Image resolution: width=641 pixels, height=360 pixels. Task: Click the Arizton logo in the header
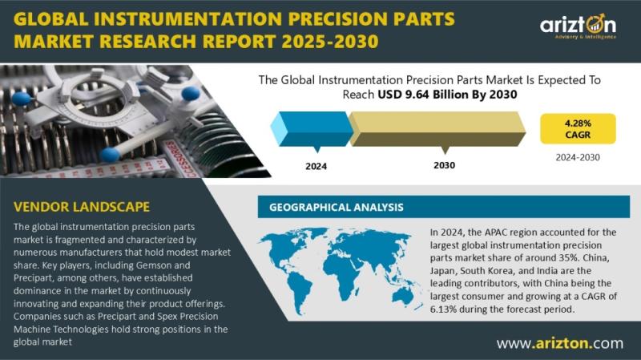(x=578, y=26)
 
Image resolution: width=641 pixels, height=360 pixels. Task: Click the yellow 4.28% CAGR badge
(x=578, y=128)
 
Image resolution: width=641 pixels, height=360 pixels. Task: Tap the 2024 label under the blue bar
(x=316, y=167)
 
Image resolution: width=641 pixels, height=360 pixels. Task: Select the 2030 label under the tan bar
(x=445, y=165)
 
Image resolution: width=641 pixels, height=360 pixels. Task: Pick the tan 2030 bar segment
(x=437, y=129)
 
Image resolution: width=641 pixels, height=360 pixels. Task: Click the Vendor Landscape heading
(x=82, y=207)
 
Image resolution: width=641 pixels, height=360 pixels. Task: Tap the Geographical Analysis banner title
(x=336, y=208)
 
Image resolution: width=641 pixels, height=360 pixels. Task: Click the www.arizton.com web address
(x=560, y=343)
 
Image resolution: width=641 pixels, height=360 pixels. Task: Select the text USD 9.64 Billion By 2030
(x=447, y=95)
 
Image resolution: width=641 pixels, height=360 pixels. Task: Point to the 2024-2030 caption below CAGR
(x=578, y=157)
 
